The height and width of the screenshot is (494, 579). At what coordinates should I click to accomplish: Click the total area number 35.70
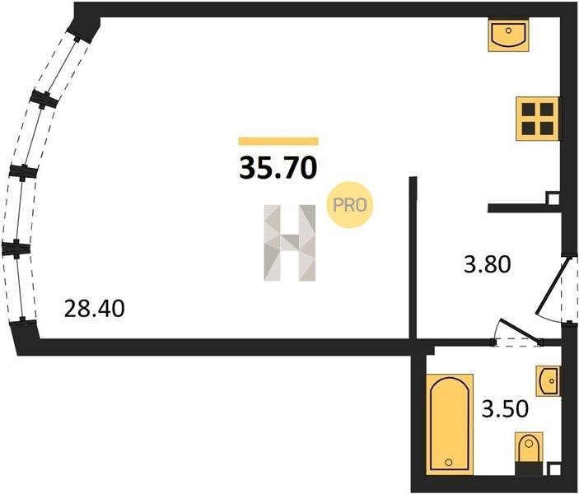pyautogui.click(x=278, y=167)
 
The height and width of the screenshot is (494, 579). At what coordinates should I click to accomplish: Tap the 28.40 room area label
pyautogui.click(x=94, y=309)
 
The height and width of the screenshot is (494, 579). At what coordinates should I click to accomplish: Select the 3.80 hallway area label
pyautogui.click(x=487, y=264)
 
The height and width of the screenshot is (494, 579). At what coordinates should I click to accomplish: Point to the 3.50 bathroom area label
pyautogui.click(x=505, y=409)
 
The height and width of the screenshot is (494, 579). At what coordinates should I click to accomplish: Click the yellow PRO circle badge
pyautogui.click(x=349, y=204)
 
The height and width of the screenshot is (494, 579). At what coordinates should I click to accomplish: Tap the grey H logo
pyautogui.click(x=290, y=243)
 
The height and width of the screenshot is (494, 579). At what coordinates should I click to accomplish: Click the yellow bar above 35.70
pyautogui.click(x=278, y=141)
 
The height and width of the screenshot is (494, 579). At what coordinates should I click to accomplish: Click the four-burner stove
pyautogui.click(x=537, y=119)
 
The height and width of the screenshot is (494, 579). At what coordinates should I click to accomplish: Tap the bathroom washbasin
pyautogui.click(x=548, y=381)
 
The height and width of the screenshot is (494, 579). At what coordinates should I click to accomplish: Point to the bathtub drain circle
pyautogui.click(x=449, y=462)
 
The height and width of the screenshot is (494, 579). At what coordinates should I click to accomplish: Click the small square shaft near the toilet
pyautogui.click(x=553, y=469)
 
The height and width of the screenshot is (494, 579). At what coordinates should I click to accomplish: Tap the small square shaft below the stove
pyautogui.click(x=553, y=198)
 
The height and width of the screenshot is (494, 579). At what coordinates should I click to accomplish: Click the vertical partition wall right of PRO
pyautogui.click(x=413, y=258)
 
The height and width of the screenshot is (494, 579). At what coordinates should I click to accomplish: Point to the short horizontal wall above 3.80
pyautogui.click(x=524, y=208)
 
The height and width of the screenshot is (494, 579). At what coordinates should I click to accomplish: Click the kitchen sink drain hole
pyautogui.click(x=508, y=30)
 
